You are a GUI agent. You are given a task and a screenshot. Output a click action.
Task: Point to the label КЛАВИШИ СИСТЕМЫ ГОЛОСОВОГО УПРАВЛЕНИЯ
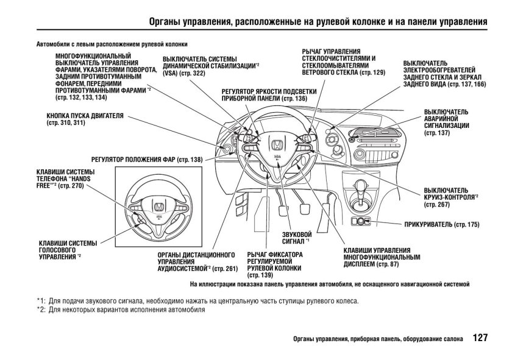click(63, 249)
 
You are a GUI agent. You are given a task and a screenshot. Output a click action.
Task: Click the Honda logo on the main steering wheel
click(276, 144)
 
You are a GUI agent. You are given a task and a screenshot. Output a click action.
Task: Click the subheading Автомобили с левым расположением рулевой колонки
click(112, 44)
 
